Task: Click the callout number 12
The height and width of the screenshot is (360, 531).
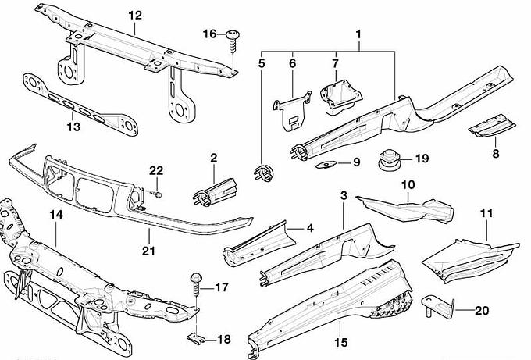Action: click(135, 15)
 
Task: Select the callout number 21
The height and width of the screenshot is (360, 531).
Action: click(148, 251)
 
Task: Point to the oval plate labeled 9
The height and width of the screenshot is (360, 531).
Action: click(326, 164)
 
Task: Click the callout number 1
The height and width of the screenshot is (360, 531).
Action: click(359, 34)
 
